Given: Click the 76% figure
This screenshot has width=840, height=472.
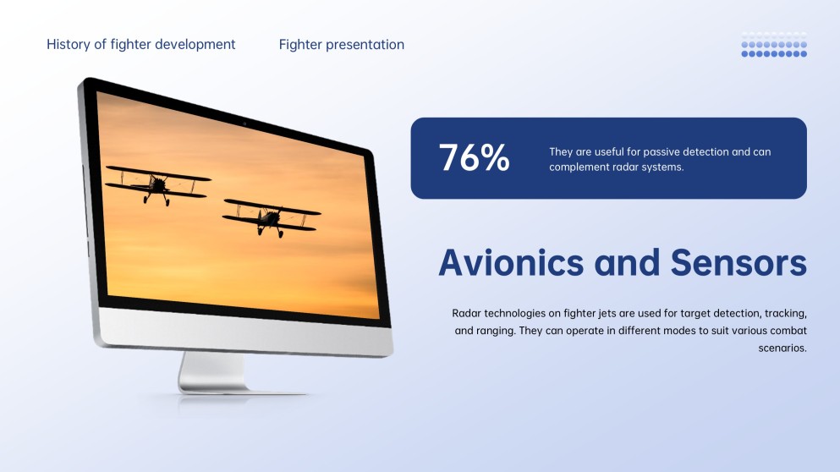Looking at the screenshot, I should pos(474,158).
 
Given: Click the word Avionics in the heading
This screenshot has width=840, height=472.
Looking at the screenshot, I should pos(511,263).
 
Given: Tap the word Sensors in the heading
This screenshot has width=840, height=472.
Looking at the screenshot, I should pos(738,263).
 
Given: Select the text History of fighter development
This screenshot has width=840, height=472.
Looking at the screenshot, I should pos(141,44).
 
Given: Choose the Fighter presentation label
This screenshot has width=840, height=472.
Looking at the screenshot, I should pos(341,44).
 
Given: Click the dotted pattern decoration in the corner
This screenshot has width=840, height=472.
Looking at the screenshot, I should pos(773,45).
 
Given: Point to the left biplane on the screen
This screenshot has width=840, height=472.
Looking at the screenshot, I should pos(157,184).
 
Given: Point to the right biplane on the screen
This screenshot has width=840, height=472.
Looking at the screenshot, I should pos(271,217).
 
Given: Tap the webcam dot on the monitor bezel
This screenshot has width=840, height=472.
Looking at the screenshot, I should pos(245,124).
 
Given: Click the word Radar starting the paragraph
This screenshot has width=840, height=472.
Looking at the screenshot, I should pos(468,313).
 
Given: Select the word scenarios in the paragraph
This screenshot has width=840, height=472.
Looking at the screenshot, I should pos(782,348).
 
